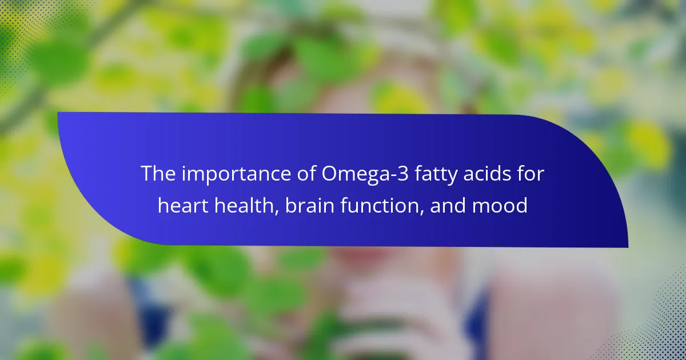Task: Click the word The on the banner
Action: pos(158,173)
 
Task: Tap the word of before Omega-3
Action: pos(306,173)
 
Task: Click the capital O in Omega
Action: pos(329,174)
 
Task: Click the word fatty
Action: pos(436,175)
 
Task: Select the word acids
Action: pos(487,173)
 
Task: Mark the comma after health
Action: pos(277,212)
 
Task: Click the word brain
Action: pos(310,205)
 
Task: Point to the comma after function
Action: pos(422,212)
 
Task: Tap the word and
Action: pos(448,205)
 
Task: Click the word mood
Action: pos(500,205)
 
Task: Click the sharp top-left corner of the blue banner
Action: pos(58,113)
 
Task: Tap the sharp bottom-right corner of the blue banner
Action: pos(628,247)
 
